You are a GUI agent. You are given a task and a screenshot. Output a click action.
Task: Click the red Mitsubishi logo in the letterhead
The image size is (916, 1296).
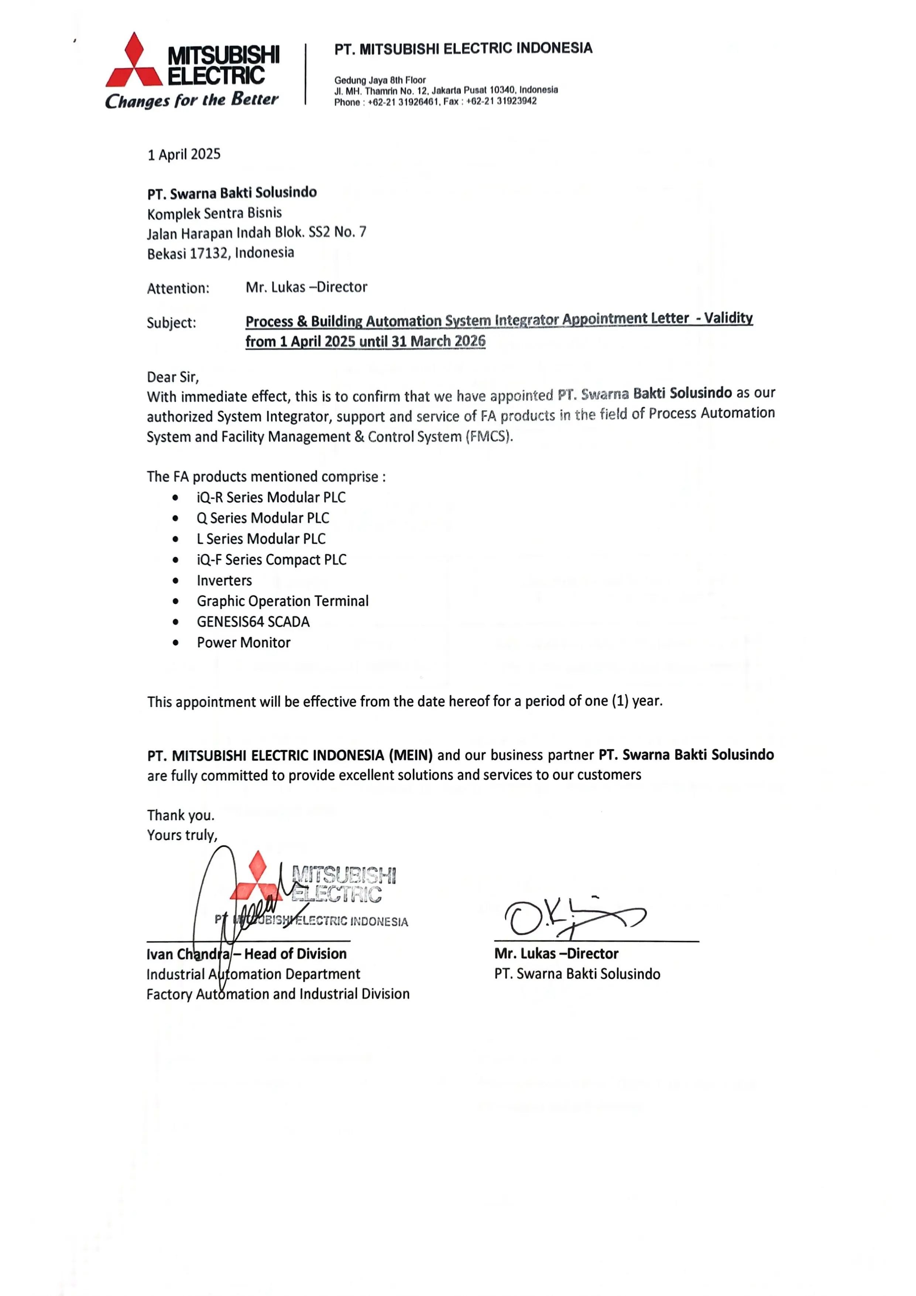(134, 61)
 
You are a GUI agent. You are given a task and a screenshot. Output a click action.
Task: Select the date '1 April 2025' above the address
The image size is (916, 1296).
(184, 154)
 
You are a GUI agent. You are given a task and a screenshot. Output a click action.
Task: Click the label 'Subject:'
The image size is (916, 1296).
(171, 323)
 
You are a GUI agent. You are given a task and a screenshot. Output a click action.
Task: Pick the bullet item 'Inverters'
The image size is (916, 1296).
(224, 580)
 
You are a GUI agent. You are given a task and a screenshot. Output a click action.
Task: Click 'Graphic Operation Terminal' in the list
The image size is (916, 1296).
(282, 601)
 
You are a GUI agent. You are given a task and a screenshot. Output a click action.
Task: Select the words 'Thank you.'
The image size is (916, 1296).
(181, 815)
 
